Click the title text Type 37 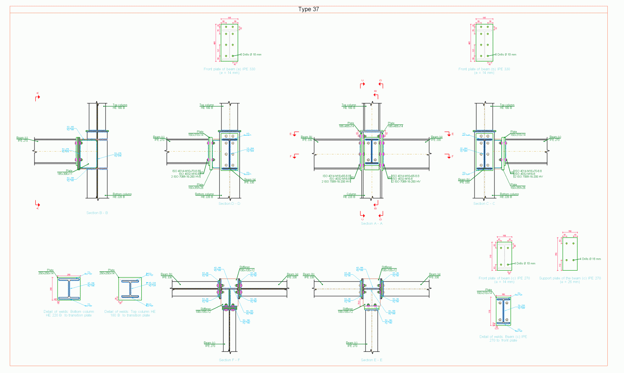tap(308, 9)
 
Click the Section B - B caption tap(97, 213)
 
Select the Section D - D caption tap(229, 204)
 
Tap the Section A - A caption tap(371, 223)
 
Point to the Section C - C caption tap(484, 204)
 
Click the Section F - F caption tap(229, 360)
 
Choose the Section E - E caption tap(371, 360)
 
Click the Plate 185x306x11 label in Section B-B tap(65, 172)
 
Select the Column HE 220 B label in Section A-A tap(349, 195)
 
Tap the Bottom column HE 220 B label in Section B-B tap(122, 195)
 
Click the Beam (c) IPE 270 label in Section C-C tap(555, 138)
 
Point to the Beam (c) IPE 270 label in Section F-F tap(210, 344)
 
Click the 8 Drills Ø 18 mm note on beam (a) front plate tap(251, 54)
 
